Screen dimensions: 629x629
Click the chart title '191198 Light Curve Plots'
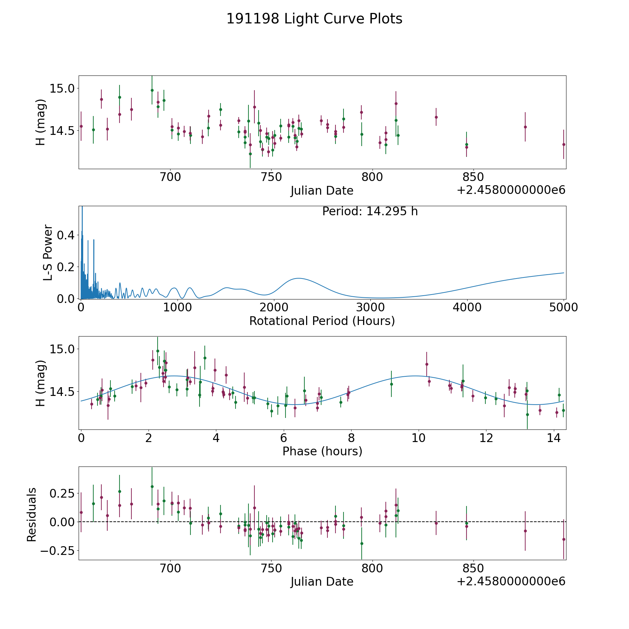coord(314,19)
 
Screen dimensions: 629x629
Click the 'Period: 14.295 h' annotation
coord(370,211)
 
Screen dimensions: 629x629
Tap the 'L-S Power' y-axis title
coord(48,252)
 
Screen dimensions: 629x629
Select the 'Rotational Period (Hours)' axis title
coord(322,321)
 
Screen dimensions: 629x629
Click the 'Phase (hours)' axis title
coord(322,451)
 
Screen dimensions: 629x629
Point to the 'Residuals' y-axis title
coord(32,514)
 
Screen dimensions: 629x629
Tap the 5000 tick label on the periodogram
coord(564,308)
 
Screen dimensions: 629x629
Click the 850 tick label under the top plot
coord(473,177)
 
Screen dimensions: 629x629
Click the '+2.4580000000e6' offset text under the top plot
coord(511,190)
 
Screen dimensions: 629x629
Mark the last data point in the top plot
coord(564,144)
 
